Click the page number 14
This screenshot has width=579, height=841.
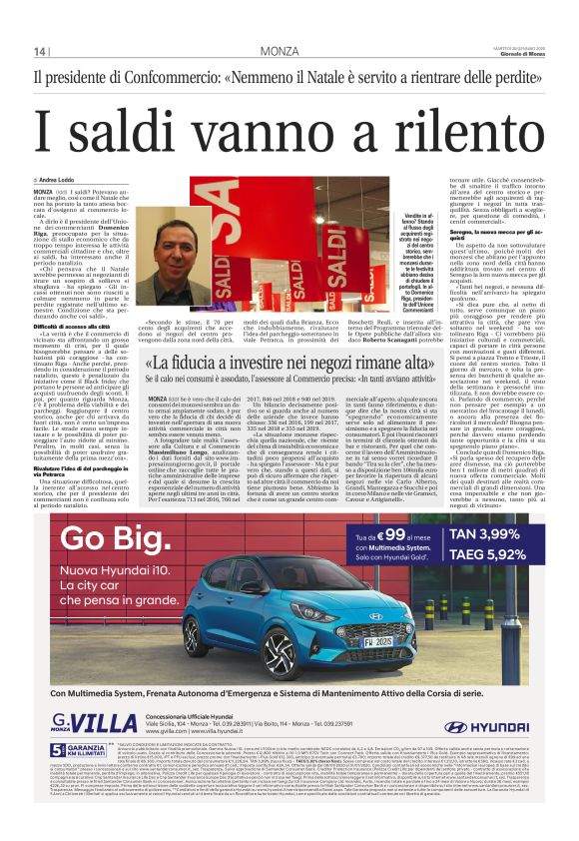(x=41, y=51)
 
